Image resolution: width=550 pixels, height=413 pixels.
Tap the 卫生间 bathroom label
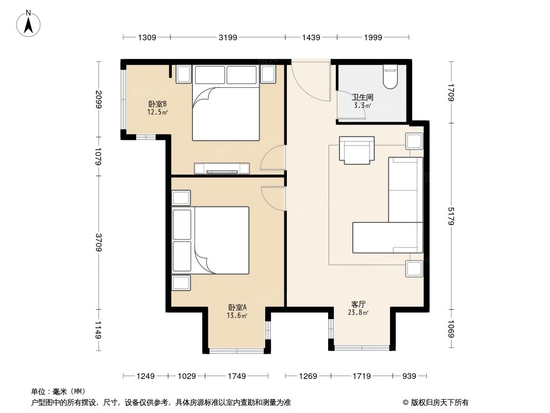pos(362,97)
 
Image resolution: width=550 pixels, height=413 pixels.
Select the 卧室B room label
pos(157,104)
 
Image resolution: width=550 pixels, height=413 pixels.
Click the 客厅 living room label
pos(359,304)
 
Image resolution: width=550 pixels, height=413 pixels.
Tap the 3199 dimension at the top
pos(228,37)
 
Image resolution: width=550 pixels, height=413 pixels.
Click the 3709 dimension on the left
pos(99,243)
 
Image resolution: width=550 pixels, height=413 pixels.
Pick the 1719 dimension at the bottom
pos(362,376)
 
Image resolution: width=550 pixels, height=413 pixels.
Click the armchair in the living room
pos(357,150)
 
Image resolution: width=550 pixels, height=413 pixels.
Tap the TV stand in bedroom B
pos(222,168)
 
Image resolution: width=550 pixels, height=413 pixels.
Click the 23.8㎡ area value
pos(359,313)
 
